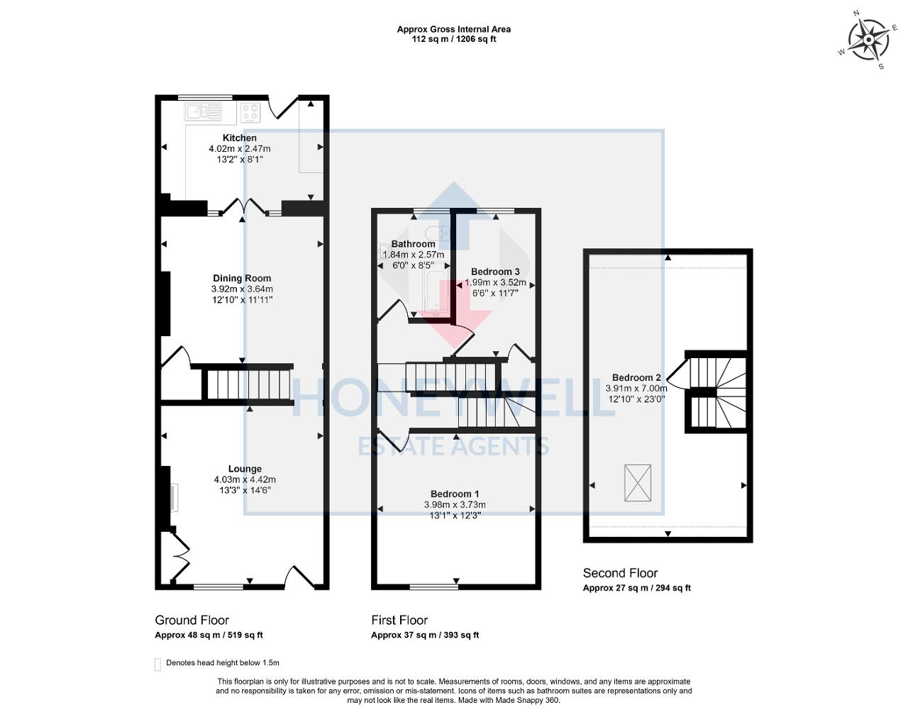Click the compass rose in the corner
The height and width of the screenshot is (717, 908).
(868, 40)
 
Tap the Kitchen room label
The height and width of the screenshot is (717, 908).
(240, 138)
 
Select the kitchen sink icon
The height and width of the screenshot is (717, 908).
(204, 111)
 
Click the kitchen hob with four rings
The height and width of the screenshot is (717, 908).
(251, 111)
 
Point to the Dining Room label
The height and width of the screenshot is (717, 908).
(242, 278)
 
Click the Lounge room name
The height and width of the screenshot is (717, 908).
(245, 469)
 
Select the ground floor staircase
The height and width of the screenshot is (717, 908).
(248, 384)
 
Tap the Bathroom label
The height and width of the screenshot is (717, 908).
(413, 244)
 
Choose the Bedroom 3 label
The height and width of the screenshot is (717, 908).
(495, 272)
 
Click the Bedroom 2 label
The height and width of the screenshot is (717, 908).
(636, 377)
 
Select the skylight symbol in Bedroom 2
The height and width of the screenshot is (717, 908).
(637, 483)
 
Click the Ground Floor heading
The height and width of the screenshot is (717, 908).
(192, 621)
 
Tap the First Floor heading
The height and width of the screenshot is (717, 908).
(399, 621)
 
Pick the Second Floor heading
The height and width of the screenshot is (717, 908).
(620, 573)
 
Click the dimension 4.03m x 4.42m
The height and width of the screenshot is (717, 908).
(245, 479)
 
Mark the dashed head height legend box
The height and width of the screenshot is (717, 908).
(157, 665)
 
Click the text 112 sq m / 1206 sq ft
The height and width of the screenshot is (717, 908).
(454, 39)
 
